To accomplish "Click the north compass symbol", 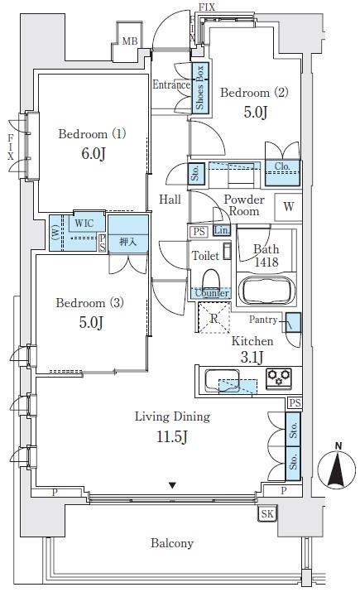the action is pyautogui.click(x=336, y=468).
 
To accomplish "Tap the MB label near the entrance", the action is pyautogui.click(x=130, y=41).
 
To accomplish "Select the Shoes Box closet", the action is pyautogui.click(x=200, y=87).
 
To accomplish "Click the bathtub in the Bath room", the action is pyautogui.click(x=266, y=290).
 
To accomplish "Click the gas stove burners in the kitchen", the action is pyautogui.click(x=279, y=378).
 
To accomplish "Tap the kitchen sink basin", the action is pyautogui.click(x=222, y=381).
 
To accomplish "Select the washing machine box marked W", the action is pyautogui.click(x=288, y=207).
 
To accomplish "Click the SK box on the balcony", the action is pyautogui.click(x=267, y=513).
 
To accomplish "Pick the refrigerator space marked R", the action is pyautogui.click(x=214, y=318).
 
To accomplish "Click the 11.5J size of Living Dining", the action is pyautogui.click(x=172, y=437).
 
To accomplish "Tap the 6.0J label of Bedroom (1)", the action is pyautogui.click(x=93, y=154).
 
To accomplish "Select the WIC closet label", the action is pyautogui.click(x=84, y=223).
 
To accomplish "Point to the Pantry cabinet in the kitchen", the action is pyautogui.click(x=293, y=322).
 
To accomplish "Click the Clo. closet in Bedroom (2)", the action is pyautogui.click(x=282, y=173).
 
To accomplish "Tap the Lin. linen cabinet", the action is pyautogui.click(x=222, y=230).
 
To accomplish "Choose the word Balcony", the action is pyautogui.click(x=172, y=543).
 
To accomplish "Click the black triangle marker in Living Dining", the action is pyautogui.click(x=172, y=485).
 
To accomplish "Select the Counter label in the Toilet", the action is pyautogui.click(x=212, y=293).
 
